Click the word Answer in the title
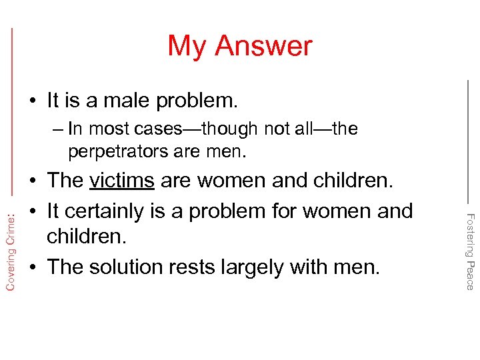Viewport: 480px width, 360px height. (x=264, y=46)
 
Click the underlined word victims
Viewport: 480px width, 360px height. (x=122, y=181)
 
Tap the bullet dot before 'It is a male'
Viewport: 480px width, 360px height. (x=32, y=102)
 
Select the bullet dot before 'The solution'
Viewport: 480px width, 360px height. (x=32, y=268)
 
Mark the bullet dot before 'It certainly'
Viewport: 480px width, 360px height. (x=32, y=212)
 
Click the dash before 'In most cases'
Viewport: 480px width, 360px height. (x=57, y=129)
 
